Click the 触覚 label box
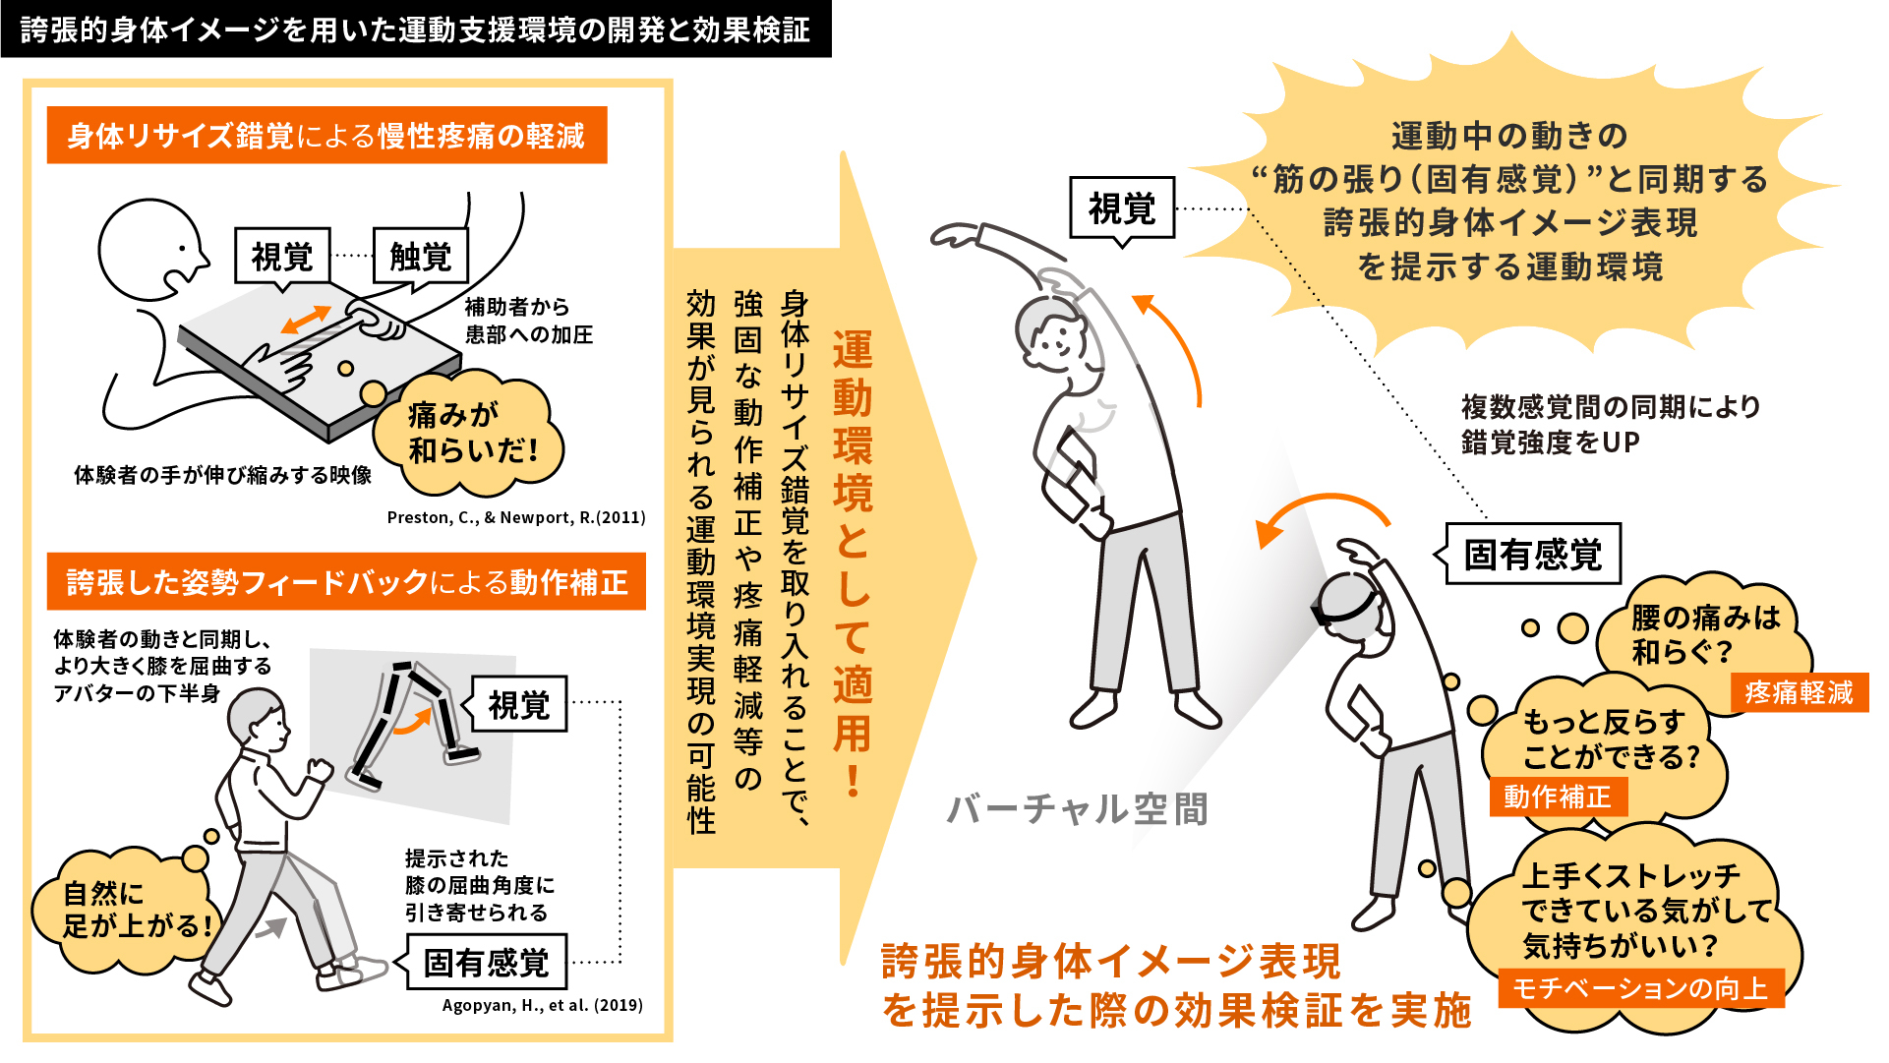(421, 257)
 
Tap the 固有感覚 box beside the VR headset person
(1533, 554)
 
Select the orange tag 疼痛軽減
(1799, 692)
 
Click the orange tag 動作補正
(1559, 796)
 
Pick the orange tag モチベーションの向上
(1640, 988)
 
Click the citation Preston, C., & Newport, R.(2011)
(516, 517)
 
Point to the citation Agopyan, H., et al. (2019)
(543, 1005)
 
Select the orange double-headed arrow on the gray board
(306, 320)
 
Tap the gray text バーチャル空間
(1077, 808)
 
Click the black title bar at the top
(416, 29)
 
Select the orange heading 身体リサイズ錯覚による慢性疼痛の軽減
(326, 135)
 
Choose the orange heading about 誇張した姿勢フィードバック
(346, 581)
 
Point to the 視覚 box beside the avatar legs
(519, 704)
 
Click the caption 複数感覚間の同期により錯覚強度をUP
(1610, 424)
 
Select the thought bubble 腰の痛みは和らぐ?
(1703, 634)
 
